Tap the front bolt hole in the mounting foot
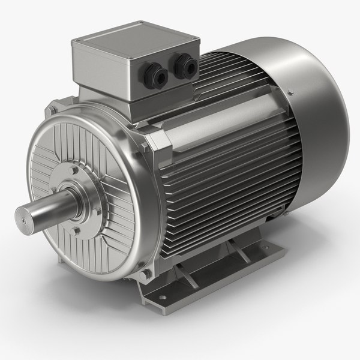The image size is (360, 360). (x=157, y=293)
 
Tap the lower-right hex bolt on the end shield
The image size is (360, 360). (x=144, y=274)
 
